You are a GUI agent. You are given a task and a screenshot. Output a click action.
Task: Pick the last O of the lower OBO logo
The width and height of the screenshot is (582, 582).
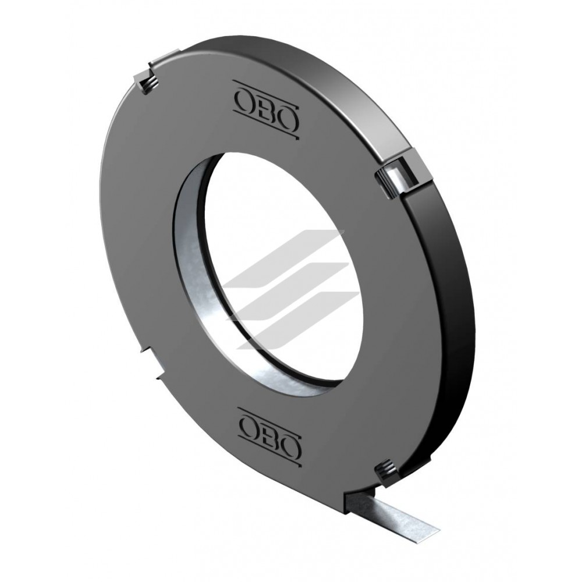[290, 444]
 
